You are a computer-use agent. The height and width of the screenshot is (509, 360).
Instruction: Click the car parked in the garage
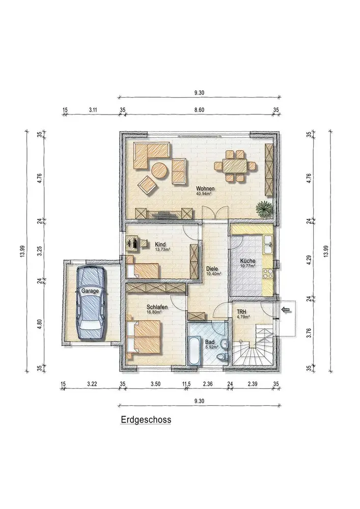91,302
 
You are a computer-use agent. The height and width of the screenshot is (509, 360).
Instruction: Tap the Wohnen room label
205,189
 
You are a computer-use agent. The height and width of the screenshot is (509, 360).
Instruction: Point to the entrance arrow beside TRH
286,309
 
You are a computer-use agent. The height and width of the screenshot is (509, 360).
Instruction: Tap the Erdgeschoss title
146,419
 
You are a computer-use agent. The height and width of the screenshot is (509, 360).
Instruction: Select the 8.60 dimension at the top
199,110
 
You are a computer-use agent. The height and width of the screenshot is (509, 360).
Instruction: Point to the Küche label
247,261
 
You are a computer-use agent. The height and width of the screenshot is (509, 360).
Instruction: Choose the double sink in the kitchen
268,244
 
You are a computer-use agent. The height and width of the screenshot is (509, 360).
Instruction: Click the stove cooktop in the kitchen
268,274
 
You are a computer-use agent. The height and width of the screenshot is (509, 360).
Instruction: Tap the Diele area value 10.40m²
214,274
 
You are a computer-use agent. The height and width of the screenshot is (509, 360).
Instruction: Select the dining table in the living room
235,166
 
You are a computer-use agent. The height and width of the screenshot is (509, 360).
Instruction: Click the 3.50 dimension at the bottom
155,384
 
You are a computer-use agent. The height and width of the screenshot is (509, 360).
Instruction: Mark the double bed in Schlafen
144,336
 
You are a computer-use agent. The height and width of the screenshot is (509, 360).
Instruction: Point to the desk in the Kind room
136,244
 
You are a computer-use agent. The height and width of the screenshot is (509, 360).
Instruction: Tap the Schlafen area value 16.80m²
154,312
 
